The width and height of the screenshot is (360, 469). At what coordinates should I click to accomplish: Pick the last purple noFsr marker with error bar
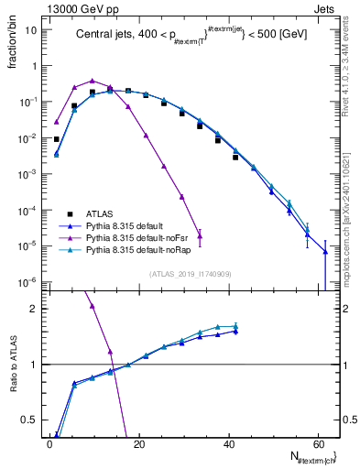tap(200, 235)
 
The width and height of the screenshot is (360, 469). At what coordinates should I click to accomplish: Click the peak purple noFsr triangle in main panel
tap(93, 81)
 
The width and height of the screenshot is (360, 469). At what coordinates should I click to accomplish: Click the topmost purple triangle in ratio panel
tap(93, 306)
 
